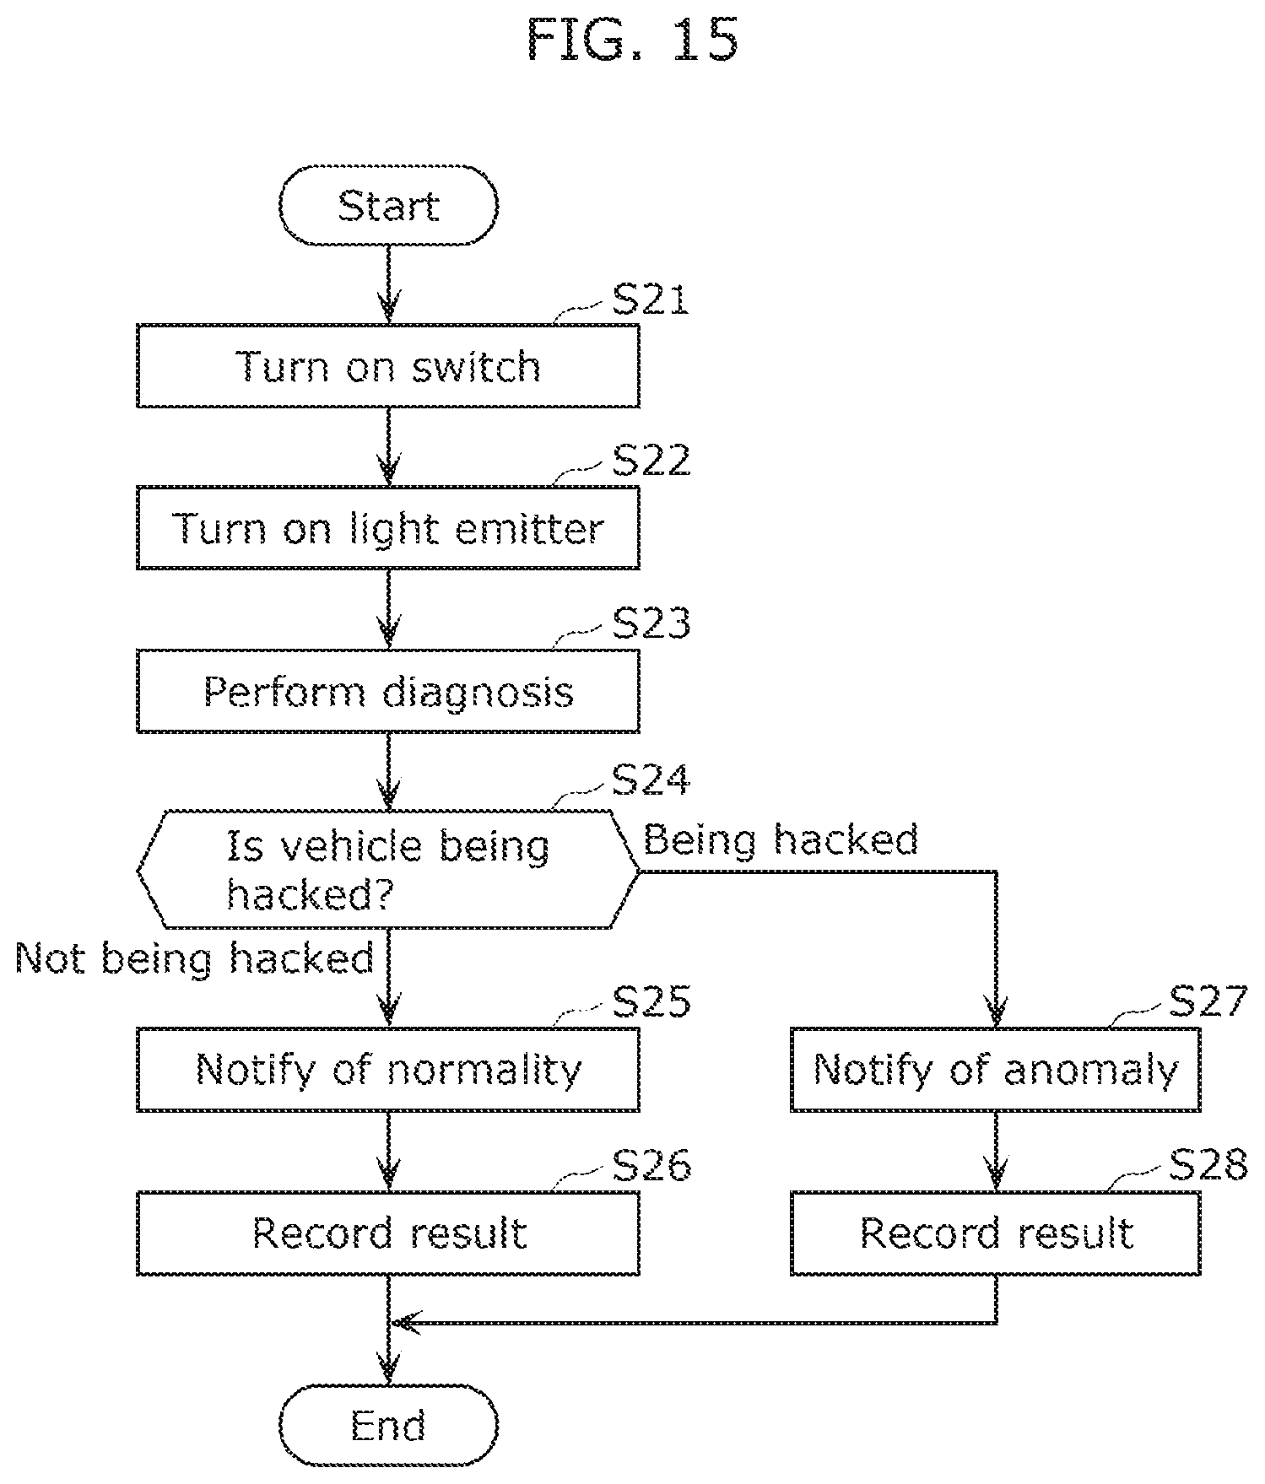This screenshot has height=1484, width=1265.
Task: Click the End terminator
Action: [x=388, y=1426]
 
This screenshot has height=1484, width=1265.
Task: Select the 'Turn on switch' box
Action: [x=388, y=366]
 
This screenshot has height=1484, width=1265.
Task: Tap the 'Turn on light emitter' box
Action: [x=388, y=528]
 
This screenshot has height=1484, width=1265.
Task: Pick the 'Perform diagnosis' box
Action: [x=388, y=691]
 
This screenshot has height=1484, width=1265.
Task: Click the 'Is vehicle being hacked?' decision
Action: [x=388, y=870]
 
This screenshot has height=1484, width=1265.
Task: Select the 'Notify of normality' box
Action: [x=388, y=1069]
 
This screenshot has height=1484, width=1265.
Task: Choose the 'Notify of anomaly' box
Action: [x=996, y=1069]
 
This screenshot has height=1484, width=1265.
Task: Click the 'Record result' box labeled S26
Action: [x=388, y=1233]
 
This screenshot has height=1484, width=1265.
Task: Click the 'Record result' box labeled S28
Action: [x=996, y=1233]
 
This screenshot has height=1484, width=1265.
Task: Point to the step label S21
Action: [x=651, y=299]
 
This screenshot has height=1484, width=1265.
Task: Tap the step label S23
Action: [x=651, y=623]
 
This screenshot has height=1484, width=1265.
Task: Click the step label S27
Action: [x=1208, y=1001]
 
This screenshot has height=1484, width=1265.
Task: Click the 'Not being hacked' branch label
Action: [x=195, y=959]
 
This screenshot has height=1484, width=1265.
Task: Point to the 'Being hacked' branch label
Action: [x=781, y=840]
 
